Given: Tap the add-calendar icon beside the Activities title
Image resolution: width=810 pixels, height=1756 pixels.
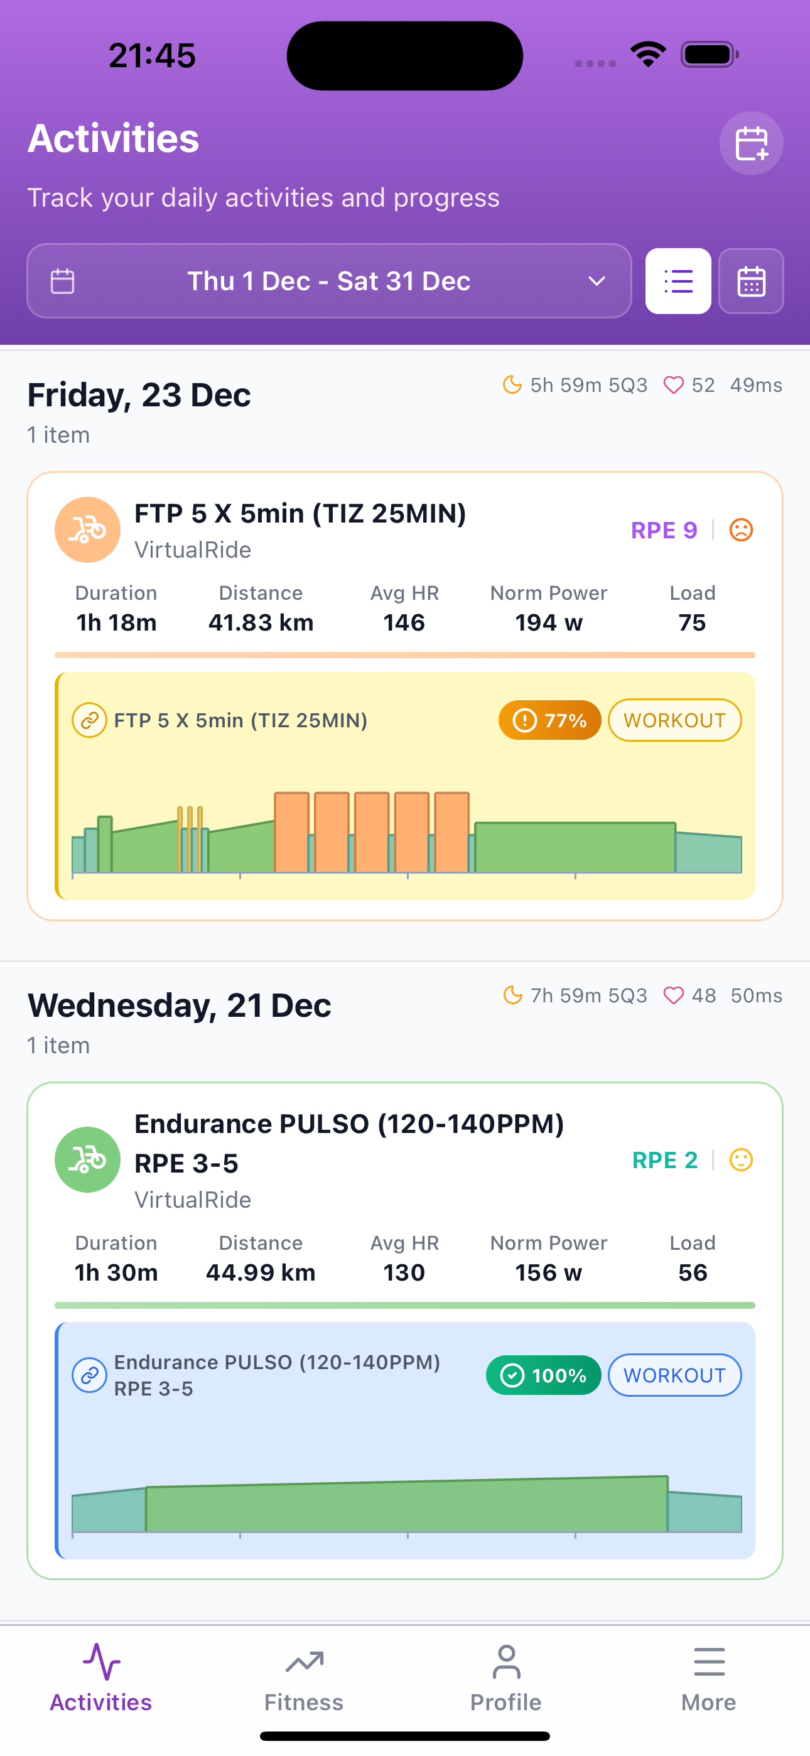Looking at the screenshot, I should coord(751,143).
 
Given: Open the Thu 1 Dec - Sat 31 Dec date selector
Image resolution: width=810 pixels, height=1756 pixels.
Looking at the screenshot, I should coord(328,281).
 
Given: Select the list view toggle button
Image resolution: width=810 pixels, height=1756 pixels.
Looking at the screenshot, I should coord(678,281).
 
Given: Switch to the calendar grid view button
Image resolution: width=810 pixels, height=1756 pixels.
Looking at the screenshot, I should coord(751,281).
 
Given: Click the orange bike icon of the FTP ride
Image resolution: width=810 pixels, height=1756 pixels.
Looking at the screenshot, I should coord(87,529).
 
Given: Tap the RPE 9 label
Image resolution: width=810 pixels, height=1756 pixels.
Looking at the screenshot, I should coord(664,530).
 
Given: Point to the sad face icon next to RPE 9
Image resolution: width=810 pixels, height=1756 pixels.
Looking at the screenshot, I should coord(741,529).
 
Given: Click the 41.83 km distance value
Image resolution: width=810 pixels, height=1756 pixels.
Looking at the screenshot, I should coord(261,622).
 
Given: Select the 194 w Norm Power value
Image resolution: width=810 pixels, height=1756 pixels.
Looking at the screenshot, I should coord(548,622).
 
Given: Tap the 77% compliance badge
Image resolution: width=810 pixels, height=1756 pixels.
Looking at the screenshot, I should coord(549,720).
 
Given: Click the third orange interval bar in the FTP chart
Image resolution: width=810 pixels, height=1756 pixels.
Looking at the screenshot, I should coord(372,832).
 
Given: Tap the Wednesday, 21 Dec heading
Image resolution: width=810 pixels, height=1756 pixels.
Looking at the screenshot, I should coord(180,1005).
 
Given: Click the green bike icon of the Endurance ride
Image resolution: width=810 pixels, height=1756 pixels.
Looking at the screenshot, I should coord(87,1159).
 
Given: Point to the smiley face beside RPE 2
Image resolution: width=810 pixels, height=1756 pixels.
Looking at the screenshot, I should coord(741,1159).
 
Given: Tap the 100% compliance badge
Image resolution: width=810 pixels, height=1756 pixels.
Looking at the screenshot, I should coord(543,1375).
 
